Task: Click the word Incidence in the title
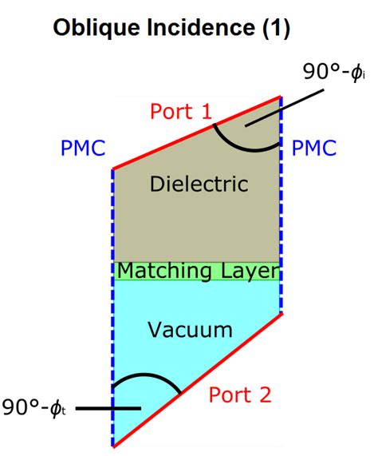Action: [x=186, y=30]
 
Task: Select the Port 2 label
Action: [x=240, y=394]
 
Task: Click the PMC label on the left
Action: [x=84, y=149]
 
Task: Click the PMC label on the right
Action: [x=313, y=149]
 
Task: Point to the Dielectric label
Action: [x=199, y=184]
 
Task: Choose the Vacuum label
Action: [x=195, y=329]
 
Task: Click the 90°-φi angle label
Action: [x=333, y=73]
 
